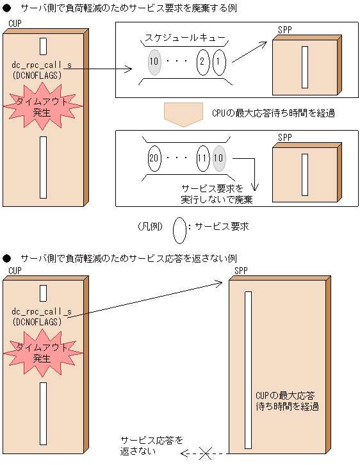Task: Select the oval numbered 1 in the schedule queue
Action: pyautogui.click(x=218, y=63)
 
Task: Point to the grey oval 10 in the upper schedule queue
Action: pyautogui.click(x=153, y=63)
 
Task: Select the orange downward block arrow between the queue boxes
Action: pyautogui.click(x=183, y=113)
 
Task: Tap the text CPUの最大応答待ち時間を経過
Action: pyautogui.click(x=273, y=113)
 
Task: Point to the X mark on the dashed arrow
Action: pyautogui.click(x=205, y=453)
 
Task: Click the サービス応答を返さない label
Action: pyautogui.click(x=152, y=446)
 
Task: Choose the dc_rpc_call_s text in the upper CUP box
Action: pyautogui.click(x=41, y=65)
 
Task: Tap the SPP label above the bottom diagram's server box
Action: pyautogui.click(x=241, y=271)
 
